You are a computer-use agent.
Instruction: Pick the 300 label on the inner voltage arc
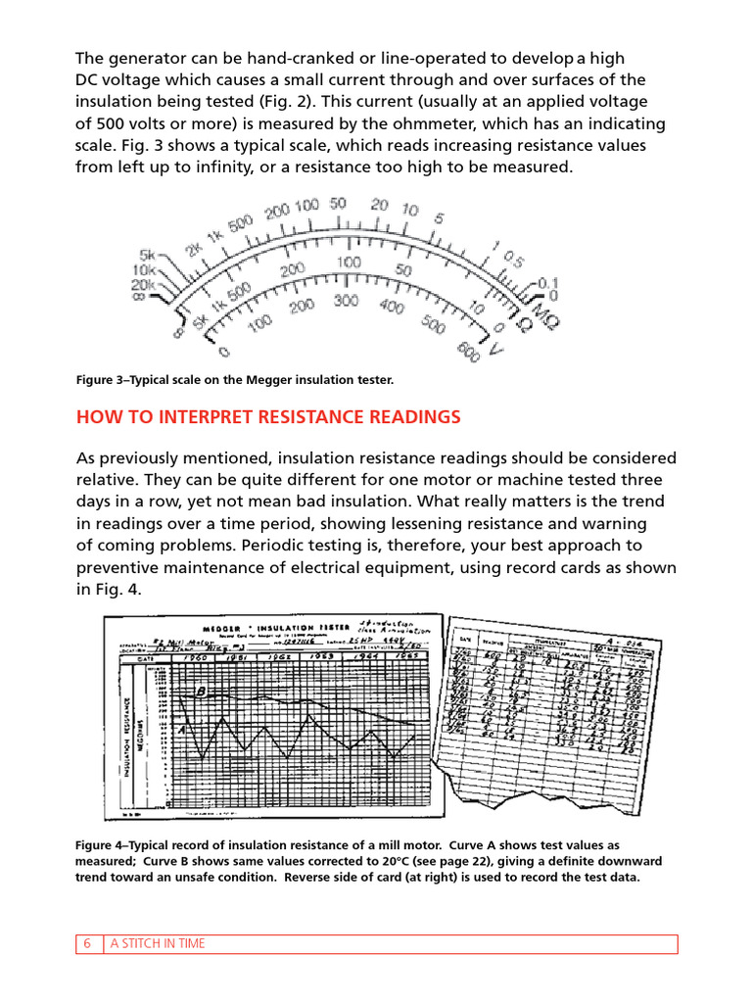click(346, 302)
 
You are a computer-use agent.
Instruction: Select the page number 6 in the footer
click(87, 943)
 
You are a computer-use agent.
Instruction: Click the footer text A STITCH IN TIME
click(157, 943)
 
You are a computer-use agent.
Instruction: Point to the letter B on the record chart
click(200, 691)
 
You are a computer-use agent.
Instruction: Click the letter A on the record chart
click(182, 729)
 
